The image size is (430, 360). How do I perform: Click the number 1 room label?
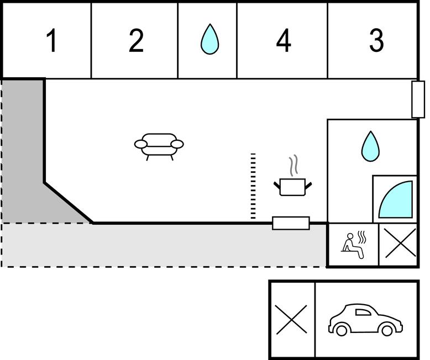click(x=51, y=41)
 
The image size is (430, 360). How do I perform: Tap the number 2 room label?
click(x=136, y=41)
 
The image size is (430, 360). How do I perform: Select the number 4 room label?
click(x=284, y=41)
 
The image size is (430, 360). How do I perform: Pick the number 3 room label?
click(x=376, y=41)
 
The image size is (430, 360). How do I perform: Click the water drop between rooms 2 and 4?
click(x=209, y=40)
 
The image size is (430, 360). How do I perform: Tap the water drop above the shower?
click(x=370, y=146)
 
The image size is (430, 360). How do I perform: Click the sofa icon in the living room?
click(x=159, y=146)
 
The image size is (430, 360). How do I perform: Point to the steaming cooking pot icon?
click(x=292, y=185)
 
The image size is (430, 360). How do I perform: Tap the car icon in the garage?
click(x=365, y=320)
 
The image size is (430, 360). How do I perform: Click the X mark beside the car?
click(x=291, y=320)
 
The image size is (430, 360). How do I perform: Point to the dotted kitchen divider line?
click(x=253, y=186)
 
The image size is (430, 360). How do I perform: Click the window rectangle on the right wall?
click(x=418, y=99)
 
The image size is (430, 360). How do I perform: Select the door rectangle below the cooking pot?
click(x=291, y=223)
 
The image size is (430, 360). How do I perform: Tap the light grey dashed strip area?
click(x=166, y=246)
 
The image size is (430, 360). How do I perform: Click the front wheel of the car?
click(x=342, y=330)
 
